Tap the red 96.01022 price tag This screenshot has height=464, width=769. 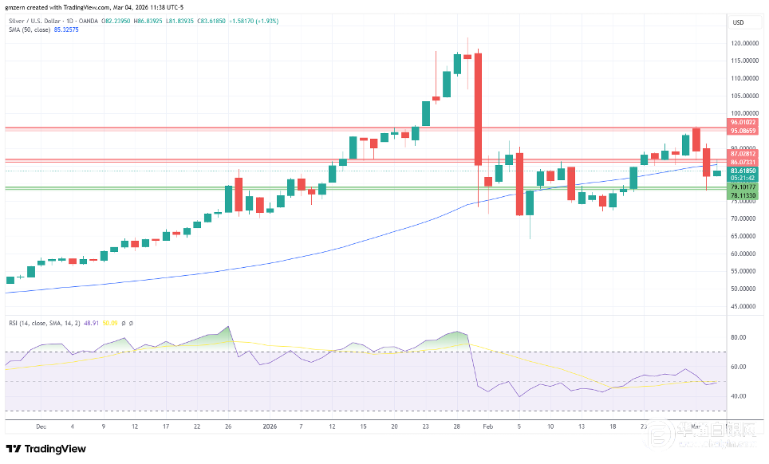tap(743, 123)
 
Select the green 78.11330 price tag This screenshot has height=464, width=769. tap(743, 195)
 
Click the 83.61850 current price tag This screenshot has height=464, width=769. tap(743, 171)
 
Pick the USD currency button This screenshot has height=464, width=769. tap(739, 22)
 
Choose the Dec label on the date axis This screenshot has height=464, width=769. tap(41, 427)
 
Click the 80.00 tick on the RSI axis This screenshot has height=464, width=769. tap(738, 337)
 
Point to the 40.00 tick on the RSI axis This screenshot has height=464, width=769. tap(738, 396)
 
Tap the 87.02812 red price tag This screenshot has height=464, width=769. tap(743, 153)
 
